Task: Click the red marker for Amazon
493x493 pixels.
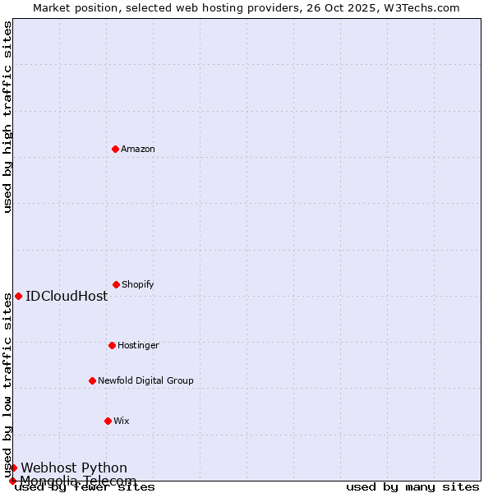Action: pos(115,149)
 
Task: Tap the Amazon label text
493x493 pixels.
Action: pos(138,150)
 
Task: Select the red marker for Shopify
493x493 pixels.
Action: pos(116,284)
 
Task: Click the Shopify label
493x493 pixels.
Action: pos(138,285)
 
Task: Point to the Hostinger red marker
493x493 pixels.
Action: pos(112,345)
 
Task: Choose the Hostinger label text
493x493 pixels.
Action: pos(138,346)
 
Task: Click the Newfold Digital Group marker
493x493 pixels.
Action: pos(92,380)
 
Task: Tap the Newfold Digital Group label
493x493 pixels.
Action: pos(145,381)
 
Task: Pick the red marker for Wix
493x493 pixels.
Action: pos(108,421)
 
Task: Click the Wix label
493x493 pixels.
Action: pos(122,422)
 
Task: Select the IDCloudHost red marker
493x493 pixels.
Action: pos(18,296)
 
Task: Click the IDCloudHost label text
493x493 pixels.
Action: pos(67,297)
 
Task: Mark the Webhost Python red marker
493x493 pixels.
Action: pos(13,468)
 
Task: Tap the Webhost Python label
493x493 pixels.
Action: pos(74,468)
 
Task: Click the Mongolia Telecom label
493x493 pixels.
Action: pos(78,481)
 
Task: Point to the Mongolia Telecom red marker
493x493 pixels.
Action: pos(12,481)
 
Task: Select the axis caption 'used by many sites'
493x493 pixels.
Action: pos(412,487)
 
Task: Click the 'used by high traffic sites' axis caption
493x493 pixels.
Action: pos(7,117)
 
